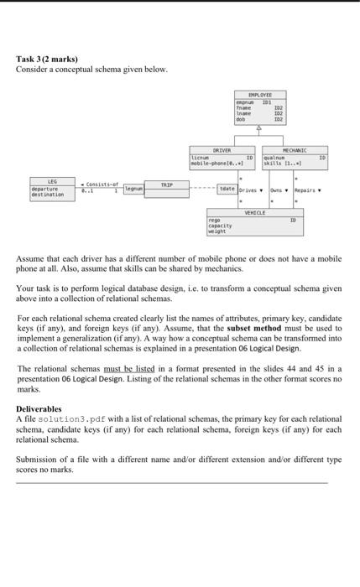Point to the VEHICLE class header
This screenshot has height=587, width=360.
[255, 214]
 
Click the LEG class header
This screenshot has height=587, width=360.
[51, 180]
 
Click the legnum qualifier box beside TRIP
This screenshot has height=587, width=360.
[133, 190]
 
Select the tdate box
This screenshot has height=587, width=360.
[227, 190]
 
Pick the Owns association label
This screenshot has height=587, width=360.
[278, 191]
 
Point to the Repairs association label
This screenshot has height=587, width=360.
[307, 191]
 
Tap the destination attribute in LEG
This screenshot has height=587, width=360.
[50, 194]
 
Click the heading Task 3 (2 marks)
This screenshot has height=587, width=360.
[47, 59]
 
